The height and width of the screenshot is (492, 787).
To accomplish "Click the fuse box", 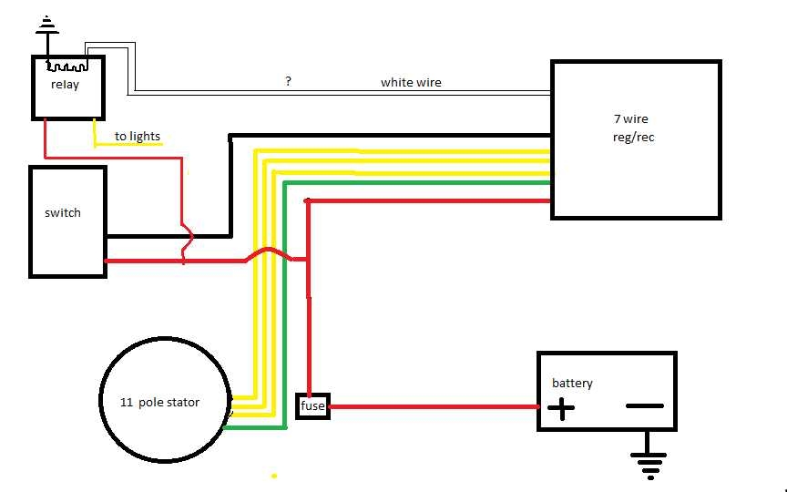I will coord(312,406).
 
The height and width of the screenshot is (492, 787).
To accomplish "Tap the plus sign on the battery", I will coord(561,409).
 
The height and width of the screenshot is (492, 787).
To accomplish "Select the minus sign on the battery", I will coord(644,405).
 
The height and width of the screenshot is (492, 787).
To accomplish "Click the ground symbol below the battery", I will coord(649,466).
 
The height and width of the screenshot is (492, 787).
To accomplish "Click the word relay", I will coord(65,85).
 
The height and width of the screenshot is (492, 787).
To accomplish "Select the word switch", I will coord(63,213).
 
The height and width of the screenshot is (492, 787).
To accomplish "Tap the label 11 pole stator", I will coord(159,402).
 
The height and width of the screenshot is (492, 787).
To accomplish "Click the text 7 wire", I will coord(630,119).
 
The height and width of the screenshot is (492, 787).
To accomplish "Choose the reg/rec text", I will coord(633,138).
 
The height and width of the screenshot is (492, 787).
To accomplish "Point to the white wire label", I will coord(411,82).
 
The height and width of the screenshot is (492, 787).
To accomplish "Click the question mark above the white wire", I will coord(288,81).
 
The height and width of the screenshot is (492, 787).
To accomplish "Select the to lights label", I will coord(138,137).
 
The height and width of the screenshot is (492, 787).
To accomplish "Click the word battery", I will coord(572,383).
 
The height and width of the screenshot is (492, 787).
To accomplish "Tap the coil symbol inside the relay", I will coord(66,67).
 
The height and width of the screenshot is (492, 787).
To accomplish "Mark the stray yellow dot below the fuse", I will coord(273,476).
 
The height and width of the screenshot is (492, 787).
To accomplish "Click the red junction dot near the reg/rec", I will coord(308,200).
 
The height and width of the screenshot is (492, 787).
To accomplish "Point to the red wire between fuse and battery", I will coord(433,406).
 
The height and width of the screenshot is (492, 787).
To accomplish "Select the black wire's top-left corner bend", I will coord(230,138).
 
